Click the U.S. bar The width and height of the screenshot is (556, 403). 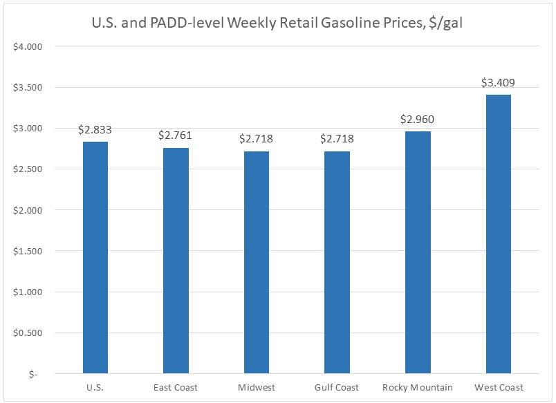(x=95, y=257)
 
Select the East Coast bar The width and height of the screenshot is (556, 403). (x=176, y=261)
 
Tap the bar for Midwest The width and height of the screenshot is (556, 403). (x=257, y=262)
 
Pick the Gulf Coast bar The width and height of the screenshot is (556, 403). (x=337, y=262)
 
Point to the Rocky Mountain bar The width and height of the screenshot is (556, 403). (x=418, y=252)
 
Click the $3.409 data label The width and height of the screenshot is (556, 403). (x=498, y=83)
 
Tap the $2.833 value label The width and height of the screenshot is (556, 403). (x=95, y=129)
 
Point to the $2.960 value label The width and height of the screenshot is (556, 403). (x=418, y=119)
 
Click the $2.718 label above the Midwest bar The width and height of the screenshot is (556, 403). (x=257, y=139)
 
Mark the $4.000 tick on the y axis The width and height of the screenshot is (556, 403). (x=28, y=47)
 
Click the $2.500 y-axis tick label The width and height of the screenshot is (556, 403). (x=28, y=169)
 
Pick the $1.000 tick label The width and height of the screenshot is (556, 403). (x=28, y=292)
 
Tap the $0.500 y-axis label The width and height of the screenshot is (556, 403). (x=28, y=332)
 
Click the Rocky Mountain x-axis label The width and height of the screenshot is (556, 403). (x=418, y=387)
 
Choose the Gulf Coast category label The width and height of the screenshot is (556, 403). (x=337, y=387)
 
